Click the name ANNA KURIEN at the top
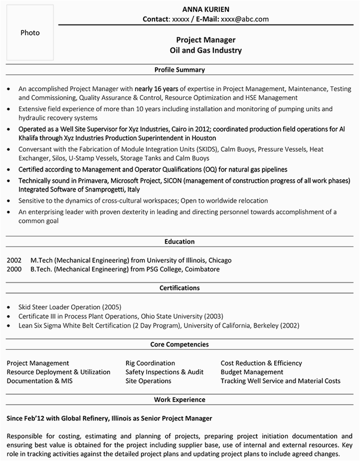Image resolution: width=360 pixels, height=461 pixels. point(205,9)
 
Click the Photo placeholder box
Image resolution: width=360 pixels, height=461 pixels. point(30,33)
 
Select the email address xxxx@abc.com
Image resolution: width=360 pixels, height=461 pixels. point(244,19)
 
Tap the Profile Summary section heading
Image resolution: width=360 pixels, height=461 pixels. point(180,70)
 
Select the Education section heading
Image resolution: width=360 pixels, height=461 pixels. point(180,242)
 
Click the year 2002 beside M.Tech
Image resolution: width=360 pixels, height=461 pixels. point(14,260)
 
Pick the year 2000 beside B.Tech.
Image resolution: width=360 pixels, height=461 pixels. point(14,269)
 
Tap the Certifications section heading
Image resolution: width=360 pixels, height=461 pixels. point(180,288)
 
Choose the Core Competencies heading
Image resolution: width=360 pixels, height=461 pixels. point(180,345)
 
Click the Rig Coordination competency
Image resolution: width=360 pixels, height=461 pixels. point(150,363)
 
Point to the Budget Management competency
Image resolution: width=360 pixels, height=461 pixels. point(252,372)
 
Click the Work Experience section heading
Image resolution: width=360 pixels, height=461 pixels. point(180,400)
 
